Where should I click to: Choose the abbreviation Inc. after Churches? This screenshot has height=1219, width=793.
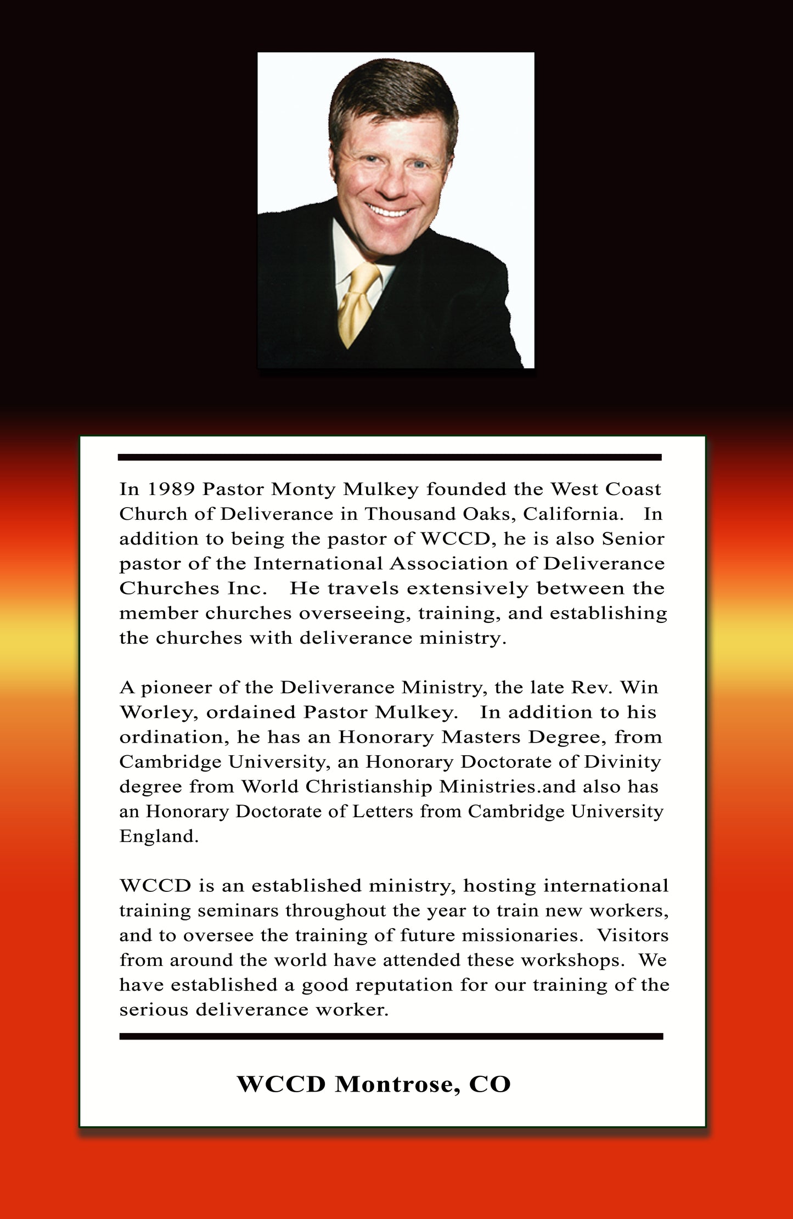click(x=247, y=588)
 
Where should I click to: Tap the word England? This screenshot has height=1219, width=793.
click(x=159, y=836)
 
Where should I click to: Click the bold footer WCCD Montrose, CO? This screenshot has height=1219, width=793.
click(x=373, y=1084)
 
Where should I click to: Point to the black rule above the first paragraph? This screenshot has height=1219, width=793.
click(x=390, y=457)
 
